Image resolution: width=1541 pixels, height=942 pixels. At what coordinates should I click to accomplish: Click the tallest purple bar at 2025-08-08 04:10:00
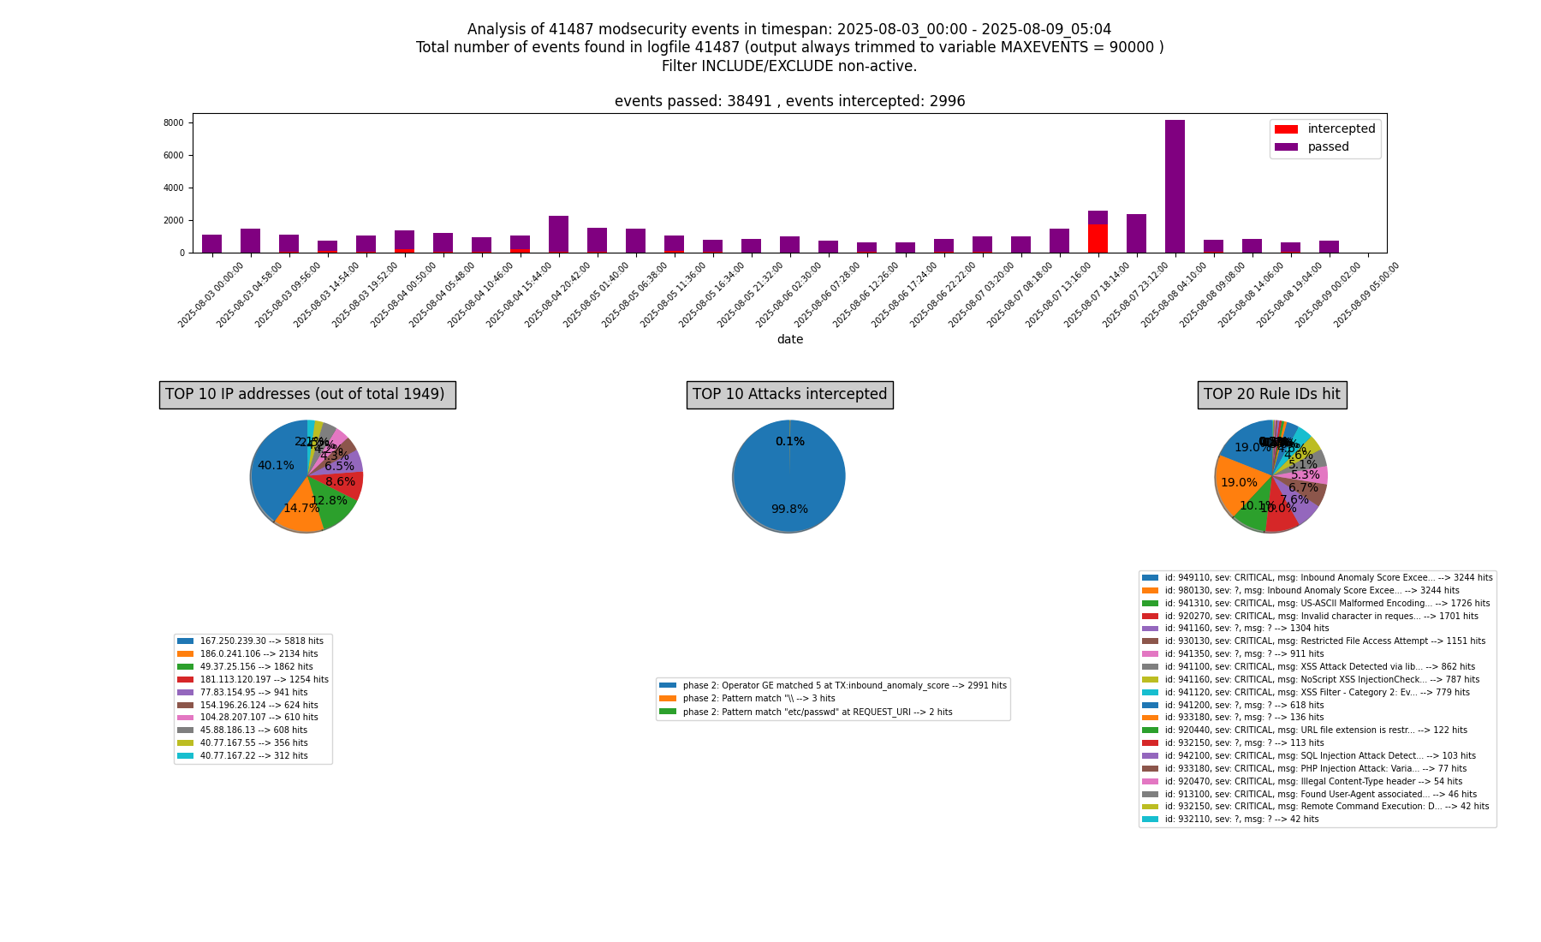(1175, 184)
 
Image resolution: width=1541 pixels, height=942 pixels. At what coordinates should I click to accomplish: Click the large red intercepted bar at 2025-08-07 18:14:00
(1098, 238)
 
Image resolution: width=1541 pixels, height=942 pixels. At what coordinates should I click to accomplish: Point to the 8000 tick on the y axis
(174, 123)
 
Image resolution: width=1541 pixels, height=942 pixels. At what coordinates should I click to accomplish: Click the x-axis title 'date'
(789, 340)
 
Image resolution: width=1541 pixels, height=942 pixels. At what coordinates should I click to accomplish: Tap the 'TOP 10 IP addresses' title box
(306, 395)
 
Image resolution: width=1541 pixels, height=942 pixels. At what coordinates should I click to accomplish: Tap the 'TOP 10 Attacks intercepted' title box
(789, 395)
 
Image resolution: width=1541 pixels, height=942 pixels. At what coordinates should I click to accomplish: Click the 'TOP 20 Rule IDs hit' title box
(1271, 395)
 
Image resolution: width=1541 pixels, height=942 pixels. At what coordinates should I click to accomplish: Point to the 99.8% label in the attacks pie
(788, 510)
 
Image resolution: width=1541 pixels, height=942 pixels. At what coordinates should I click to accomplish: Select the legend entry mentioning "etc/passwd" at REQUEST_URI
(817, 712)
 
